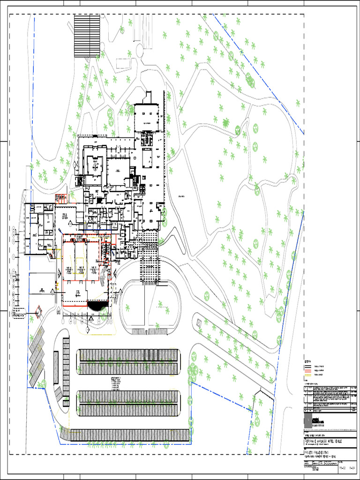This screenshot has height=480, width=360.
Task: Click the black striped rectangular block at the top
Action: (x=87, y=36)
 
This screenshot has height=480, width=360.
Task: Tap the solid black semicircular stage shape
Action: (x=97, y=306)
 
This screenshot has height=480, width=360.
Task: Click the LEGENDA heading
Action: (x=308, y=361)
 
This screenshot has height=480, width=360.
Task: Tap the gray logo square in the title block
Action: (x=307, y=420)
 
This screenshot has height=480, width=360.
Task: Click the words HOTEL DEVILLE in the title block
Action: (x=341, y=441)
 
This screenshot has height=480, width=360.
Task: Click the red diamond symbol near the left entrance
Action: (x=38, y=309)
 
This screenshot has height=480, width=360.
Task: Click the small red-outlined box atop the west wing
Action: (x=60, y=198)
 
